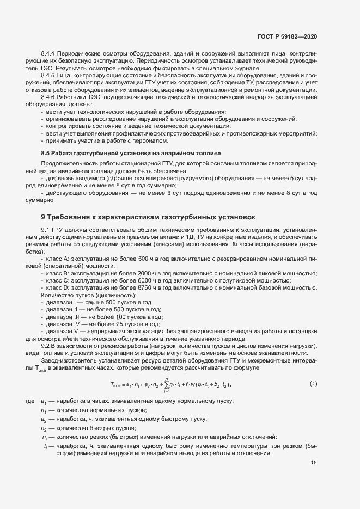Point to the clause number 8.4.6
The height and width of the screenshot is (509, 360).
49,96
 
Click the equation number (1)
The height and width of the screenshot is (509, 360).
313,384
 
